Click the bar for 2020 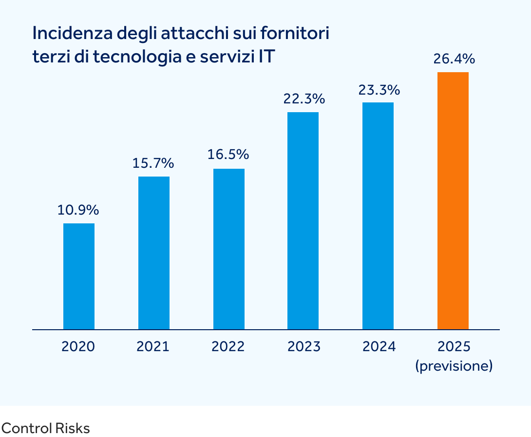[79, 276]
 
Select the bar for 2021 [154, 253]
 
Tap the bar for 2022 [229, 249]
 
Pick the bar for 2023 [303, 220]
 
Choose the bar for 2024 [378, 216]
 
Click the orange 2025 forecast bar [453, 200]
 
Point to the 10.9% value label [78, 210]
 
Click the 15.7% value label [153, 163]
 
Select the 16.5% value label [228, 155]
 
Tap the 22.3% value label [304, 99]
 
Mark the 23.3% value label [379, 90]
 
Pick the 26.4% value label [454, 60]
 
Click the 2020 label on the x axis [78, 347]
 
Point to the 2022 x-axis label [228, 347]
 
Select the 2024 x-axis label [379, 347]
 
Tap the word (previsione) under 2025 [454, 366]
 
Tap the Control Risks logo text [45, 429]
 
